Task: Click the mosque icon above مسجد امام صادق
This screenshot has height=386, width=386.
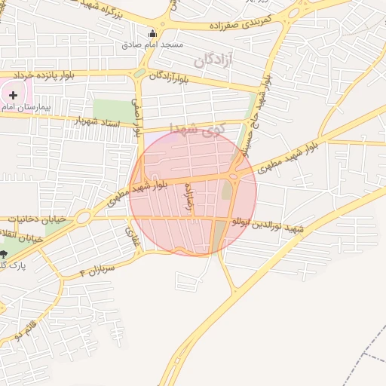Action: [x=152, y=34]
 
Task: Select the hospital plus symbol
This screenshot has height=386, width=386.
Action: [x=13, y=95]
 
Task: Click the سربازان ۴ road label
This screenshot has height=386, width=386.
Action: [x=95, y=270]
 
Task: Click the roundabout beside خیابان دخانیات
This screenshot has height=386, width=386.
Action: [x=83, y=218]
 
